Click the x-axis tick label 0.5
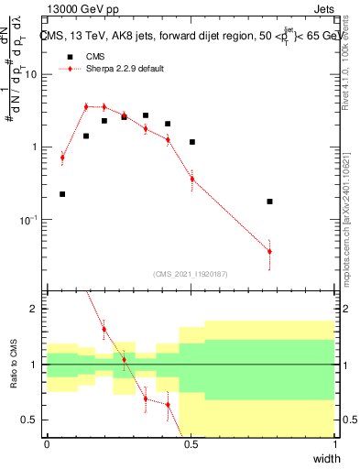pyautogui.click(x=191, y=445)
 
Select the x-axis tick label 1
pyautogui.click(x=334, y=445)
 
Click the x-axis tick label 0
pyautogui.click(x=47, y=445)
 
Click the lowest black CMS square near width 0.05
pyautogui.click(x=62, y=194)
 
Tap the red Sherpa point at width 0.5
pyautogui.click(x=191, y=179)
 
